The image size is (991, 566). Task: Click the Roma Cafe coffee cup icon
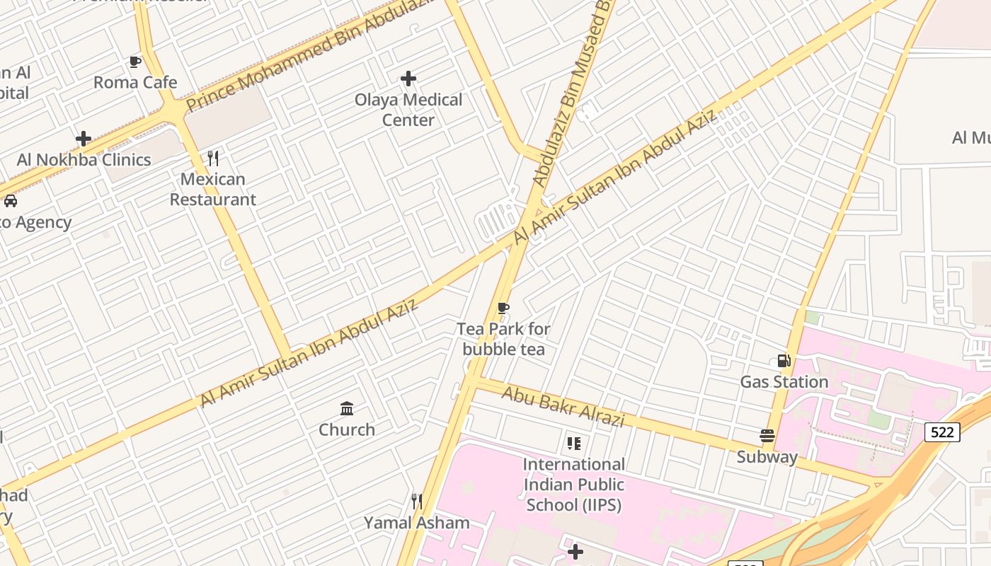[135, 62]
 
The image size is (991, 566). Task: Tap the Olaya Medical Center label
[408, 110]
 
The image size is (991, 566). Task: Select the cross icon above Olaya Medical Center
[408, 78]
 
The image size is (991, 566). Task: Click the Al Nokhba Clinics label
[84, 160]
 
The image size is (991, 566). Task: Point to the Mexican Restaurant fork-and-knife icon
[213, 158]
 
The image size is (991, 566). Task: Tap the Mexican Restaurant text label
[213, 189]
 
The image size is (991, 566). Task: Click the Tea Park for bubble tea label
[503, 339]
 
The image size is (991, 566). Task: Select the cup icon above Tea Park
[503, 308]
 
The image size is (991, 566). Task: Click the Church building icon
[347, 408]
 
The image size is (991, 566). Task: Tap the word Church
[347, 429]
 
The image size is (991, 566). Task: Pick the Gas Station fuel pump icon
[784, 361]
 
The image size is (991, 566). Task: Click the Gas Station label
[784, 382]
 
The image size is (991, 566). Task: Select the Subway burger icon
[767, 436]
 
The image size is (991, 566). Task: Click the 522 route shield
[942, 432]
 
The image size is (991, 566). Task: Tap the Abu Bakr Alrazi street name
[563, 406]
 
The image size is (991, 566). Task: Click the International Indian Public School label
[574, 485]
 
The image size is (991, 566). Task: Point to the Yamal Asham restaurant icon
[417, 502]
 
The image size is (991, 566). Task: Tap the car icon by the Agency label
[11, 201]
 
